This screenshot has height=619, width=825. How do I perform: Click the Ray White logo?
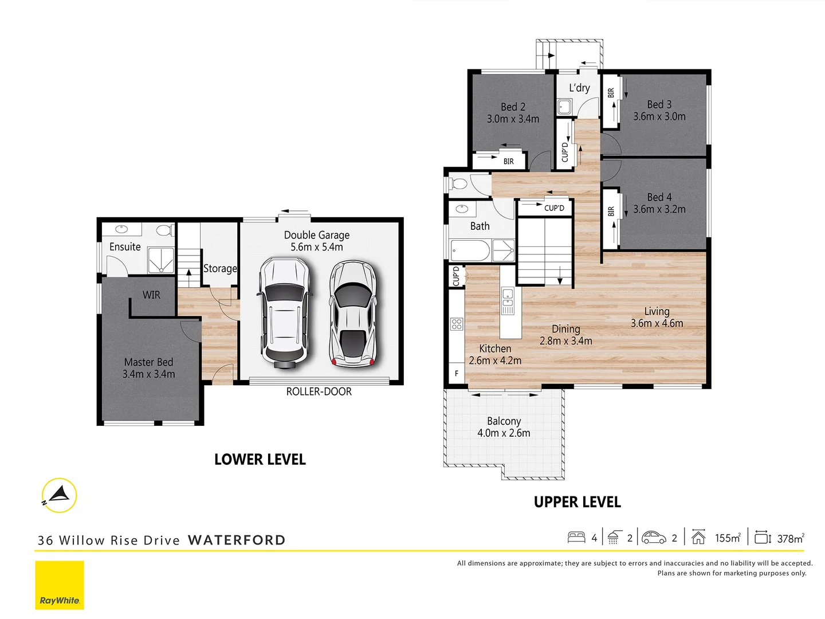60,585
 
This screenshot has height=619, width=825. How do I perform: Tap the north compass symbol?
59,495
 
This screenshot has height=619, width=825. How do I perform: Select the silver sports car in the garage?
352,314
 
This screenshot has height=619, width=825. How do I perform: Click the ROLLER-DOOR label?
319,392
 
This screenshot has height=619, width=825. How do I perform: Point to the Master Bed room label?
148,362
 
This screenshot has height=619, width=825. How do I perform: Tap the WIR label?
151,295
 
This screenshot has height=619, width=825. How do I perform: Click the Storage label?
220,268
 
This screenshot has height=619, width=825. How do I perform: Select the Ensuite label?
125,247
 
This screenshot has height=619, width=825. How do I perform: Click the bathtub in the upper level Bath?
470,250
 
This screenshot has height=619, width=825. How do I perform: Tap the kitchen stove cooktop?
457,324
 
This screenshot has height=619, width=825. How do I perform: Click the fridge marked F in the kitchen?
457,373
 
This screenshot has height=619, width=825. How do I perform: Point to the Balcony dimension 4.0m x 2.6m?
504,433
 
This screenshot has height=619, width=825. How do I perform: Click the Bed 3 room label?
659,105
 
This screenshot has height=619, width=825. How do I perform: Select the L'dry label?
579,88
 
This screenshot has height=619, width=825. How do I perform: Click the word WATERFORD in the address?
237,540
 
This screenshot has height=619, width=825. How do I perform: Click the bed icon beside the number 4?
576,538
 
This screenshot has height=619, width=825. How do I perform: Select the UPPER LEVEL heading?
577,502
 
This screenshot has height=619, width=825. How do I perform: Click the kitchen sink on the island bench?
508,298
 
